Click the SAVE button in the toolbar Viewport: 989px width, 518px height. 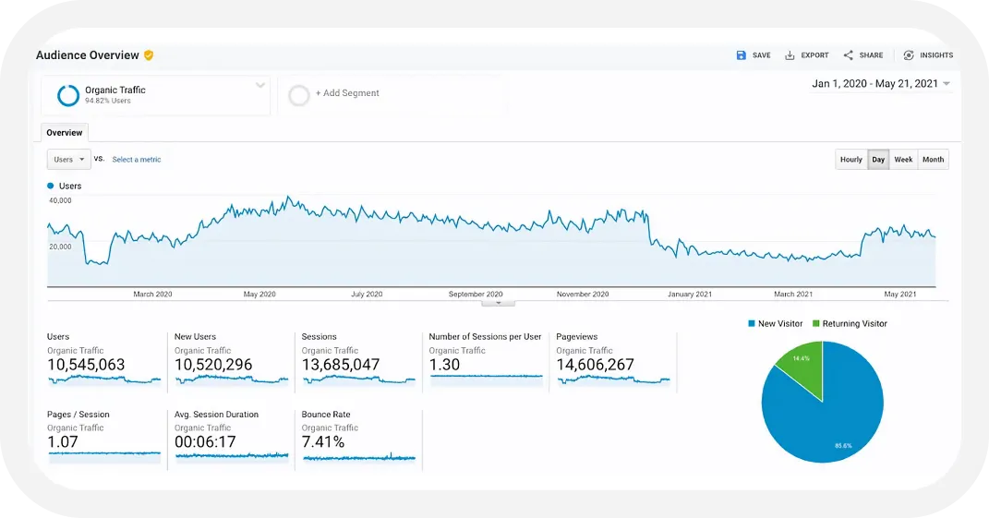coord(754,55)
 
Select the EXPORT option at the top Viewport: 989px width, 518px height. coord(807,55)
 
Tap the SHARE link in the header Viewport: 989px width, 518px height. coord(863,55)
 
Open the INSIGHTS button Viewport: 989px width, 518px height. coord(928,55)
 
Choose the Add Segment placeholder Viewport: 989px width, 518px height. coord(346,93)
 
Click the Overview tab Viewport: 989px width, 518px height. coord(65,133)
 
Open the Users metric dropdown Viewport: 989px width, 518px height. coord(69,160)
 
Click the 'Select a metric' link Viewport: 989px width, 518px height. coord(137,160)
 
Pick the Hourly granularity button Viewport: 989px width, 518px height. coord(850,160)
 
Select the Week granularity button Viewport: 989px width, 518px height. coord(903,160)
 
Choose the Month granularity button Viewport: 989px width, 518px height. coord(933,160)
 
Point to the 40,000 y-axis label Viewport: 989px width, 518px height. coord(60,200)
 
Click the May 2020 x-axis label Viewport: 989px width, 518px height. coord(259,295)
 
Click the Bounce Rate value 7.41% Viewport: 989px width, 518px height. coord(323,442)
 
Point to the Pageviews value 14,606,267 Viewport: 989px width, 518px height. coord(595,365)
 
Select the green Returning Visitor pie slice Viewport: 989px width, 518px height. coord(800,369)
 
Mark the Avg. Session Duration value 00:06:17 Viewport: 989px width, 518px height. coord(205,442)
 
